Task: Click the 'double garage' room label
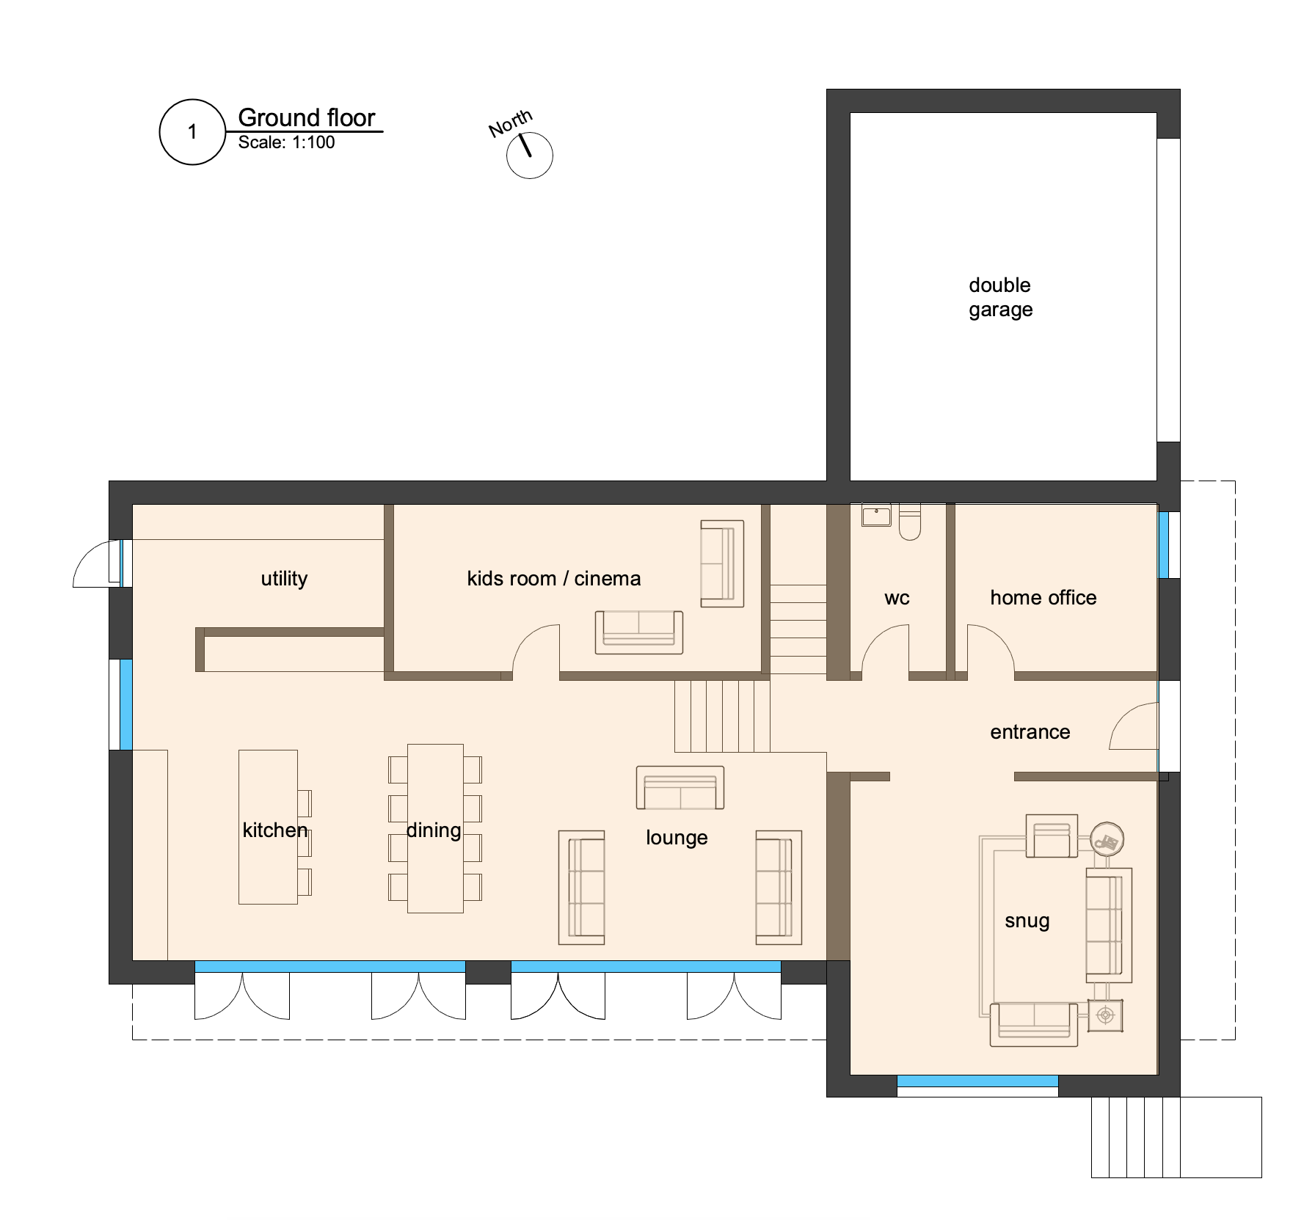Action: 1000,297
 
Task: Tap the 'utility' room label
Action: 284,579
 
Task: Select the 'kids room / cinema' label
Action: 554,579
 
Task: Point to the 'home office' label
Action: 1043,598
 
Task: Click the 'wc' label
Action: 897,599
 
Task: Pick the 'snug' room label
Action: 1027,921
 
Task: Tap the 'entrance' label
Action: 1030,732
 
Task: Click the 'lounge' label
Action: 677,838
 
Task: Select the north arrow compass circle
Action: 530,156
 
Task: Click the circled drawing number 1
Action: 192,132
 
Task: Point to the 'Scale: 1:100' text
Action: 286,142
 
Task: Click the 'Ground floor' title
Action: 307,117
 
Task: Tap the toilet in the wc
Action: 910,522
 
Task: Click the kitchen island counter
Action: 268,827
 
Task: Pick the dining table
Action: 435,828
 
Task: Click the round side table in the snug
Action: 1107,839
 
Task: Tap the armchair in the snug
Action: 1052,836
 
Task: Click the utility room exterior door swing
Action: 96,563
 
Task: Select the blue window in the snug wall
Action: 977,1081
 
